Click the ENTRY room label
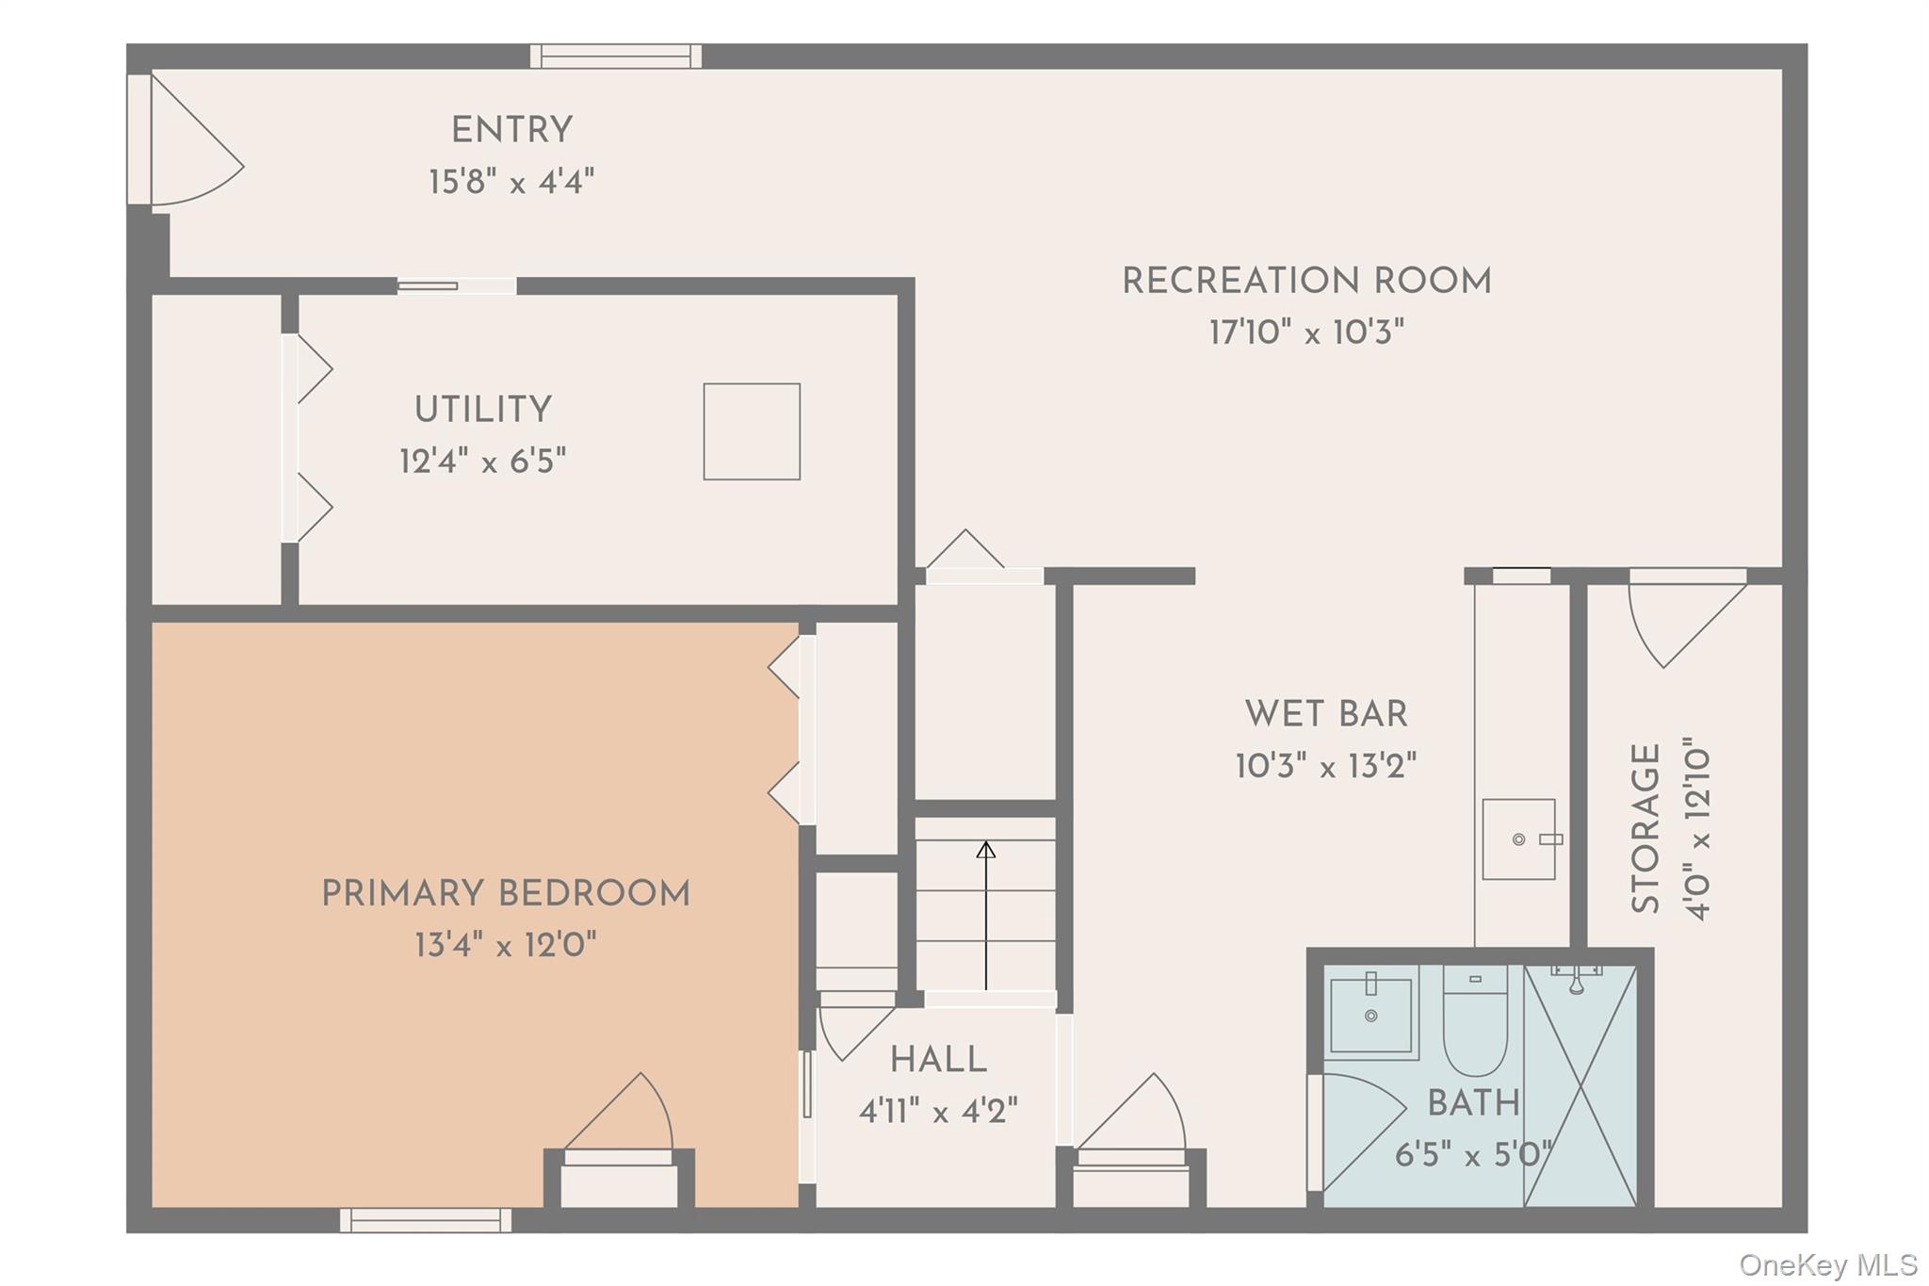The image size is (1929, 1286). pos(511,130)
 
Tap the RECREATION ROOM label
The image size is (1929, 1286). pos(1306,281)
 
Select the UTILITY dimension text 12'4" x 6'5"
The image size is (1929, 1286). pos(482,462)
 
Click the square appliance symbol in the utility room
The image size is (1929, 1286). pos(752,431)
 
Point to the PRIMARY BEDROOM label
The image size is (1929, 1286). pos(506,893)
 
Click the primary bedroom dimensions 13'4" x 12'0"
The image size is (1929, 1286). pos(506,944)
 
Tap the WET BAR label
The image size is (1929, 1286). pos(1326,714)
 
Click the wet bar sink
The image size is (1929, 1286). pos(1519,838)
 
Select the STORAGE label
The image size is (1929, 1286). pos(1645,829)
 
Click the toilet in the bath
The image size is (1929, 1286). pos(1475,1020)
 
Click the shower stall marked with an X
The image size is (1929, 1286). pos(1580,1085)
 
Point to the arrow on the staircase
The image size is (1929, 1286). pos(986,915)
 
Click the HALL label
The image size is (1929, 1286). pos(938,1060)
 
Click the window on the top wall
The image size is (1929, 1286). pos(616,57)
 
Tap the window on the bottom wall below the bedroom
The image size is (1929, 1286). pos(426,1220)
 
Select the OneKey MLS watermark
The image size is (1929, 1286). pos(1828,1264)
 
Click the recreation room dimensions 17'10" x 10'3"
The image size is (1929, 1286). pos(1306,332)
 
